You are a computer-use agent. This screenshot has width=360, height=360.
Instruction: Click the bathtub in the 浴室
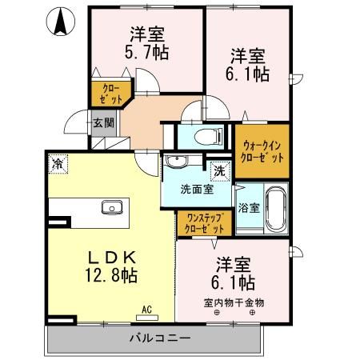coord(276,207)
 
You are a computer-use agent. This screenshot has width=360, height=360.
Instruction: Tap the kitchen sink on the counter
coord(111,208)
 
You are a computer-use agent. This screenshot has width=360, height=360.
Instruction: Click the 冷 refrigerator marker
coord(58,163)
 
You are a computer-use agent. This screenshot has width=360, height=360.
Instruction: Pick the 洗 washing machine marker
coord(218,170)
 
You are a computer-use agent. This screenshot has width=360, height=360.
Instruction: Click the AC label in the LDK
coord(147,308)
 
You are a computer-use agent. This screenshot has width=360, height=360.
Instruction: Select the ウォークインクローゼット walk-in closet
coord(262,151)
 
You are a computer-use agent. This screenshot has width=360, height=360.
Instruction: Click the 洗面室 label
coord(196,190)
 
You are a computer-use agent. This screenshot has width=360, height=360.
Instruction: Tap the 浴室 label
coord(249,208)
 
